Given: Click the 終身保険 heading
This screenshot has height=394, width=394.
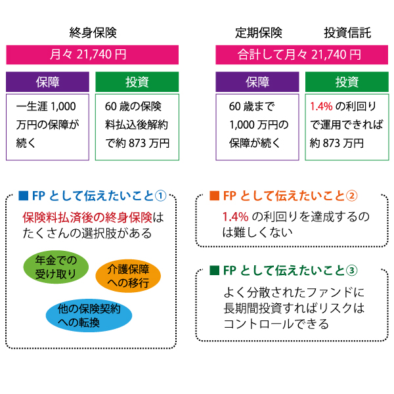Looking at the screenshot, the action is pos(93,33).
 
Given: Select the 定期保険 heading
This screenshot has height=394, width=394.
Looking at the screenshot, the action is pos(259,33).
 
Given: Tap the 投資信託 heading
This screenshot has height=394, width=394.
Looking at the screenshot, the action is pos(347,33).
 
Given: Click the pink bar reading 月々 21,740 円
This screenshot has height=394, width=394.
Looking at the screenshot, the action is pos(92,55).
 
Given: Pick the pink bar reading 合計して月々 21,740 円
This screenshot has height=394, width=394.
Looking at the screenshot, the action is pos(302,55).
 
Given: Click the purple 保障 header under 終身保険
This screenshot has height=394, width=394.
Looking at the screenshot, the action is pos(47,81).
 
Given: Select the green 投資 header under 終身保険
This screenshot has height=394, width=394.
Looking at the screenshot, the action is pos(137,81).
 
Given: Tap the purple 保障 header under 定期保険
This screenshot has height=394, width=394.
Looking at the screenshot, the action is pos(257,81).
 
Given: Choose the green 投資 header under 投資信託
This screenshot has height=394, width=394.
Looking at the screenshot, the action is pos(347,81).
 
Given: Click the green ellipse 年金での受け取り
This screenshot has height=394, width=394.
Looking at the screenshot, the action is pos(56,267).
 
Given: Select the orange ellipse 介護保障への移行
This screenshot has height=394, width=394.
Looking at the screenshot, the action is pos(128,276).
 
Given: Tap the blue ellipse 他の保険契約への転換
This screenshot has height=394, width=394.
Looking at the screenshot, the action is pos(89,315).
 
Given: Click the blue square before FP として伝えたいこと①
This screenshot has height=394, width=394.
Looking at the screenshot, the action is pos(24,196).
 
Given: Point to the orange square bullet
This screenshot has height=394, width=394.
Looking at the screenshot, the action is pos(214,196).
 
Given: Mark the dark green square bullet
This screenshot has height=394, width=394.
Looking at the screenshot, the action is pos(214,271).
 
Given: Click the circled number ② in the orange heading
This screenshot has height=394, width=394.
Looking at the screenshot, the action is pos(351,196).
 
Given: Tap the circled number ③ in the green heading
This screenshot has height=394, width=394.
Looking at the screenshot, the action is pos(351,271).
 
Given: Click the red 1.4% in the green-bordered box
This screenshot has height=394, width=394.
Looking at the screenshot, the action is pos(321,106).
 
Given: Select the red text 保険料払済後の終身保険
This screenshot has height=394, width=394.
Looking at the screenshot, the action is pos(87,217).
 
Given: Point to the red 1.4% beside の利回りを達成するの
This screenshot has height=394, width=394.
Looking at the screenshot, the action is pos(236,217).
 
